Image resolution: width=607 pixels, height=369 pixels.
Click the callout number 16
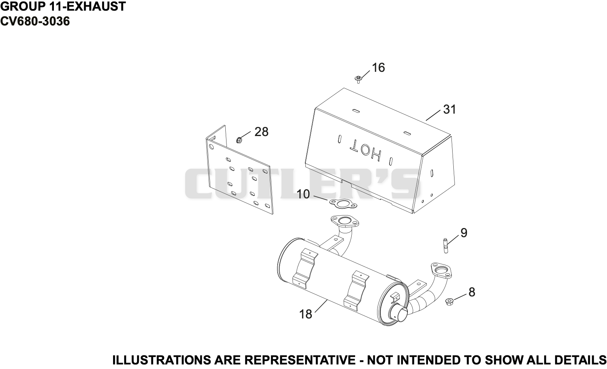click(378, 68)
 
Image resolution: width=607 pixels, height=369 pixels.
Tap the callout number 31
click(450, 109)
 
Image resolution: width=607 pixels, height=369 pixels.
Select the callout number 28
click(261, 132)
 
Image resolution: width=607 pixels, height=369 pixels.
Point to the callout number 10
click(303, 195)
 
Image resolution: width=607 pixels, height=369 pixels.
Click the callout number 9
click(464, 233)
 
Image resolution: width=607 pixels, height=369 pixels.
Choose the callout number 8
click(472, 293)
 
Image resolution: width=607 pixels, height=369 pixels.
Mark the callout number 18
click(306, 314)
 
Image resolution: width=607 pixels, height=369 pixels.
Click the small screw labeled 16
click(358, 79)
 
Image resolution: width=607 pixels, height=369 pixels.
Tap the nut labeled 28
click(239, 140)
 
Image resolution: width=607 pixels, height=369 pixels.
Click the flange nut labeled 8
click(450, 301)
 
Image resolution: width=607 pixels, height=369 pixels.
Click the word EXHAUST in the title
click(96, 6)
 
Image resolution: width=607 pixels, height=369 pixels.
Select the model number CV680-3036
click(35, 21)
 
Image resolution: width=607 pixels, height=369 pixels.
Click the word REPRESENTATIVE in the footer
click(300, 360)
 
